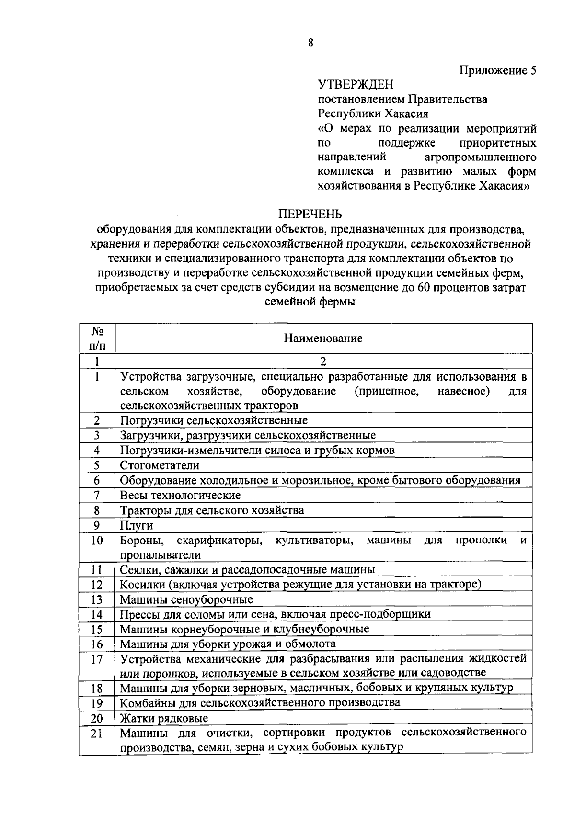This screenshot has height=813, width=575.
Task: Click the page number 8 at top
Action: tap(310, 43)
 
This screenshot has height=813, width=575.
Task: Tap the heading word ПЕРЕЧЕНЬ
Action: tap(310, 214)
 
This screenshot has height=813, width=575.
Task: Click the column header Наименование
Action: tap(323, 339)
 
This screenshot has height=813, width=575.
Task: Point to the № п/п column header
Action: tap(97, 338)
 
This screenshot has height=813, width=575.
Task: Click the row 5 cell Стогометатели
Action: tap(159, 465)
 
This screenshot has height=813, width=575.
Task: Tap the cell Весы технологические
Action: tap(180, 495)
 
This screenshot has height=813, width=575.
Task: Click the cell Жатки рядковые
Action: tap(163, 718)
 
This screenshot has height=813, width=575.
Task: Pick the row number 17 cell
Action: tap(97, 659)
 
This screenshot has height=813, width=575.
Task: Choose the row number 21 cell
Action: tap(97, 733)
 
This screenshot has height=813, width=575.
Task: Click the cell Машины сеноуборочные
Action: tap(186, 599)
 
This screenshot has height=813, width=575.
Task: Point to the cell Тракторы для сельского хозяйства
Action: tap(211, 510)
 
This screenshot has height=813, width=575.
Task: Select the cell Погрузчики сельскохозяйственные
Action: tap(213, 420)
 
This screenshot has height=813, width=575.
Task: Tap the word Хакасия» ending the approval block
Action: tap(504, 186)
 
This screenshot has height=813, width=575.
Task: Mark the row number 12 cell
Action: tap(97, 585)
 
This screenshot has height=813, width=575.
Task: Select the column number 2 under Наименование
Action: tap(323, 361)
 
